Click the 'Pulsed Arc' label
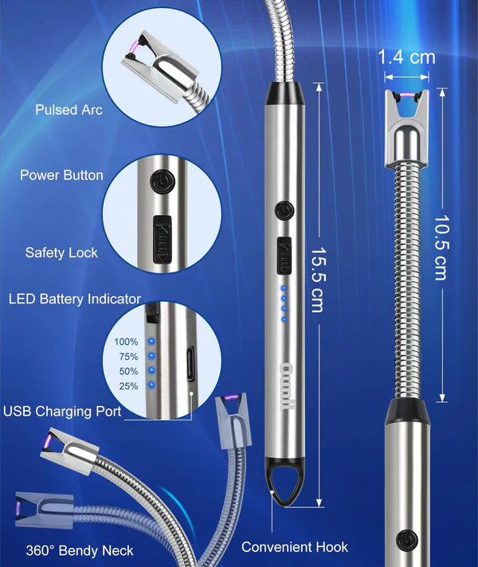[x=69, y=110]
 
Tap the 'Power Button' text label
[x=61, y=174]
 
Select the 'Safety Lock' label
[x=61, y=252]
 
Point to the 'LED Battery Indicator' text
[x=74, y=299]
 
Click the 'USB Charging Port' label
[x=62, y=412]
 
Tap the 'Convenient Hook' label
[x=295, y=547]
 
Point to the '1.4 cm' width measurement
[x=408, y=57]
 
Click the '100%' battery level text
[x=126, y=342]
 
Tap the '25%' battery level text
[x=127, y=386]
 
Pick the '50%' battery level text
[x=127, y=371]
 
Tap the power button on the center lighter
[x=284, y=210]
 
